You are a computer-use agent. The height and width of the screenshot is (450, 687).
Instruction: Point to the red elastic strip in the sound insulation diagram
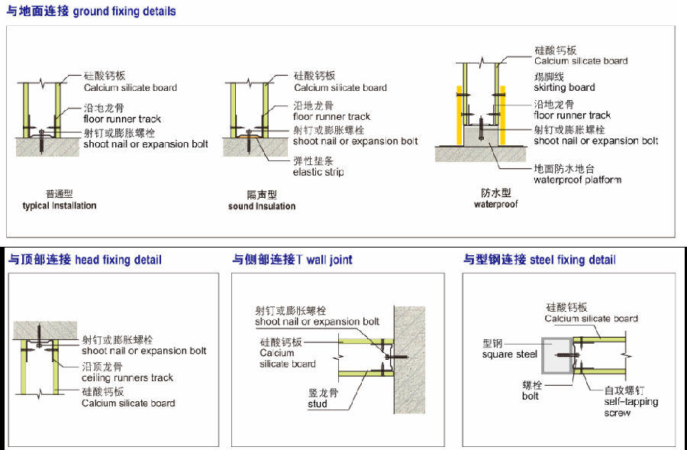click(x=246, y=137)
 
